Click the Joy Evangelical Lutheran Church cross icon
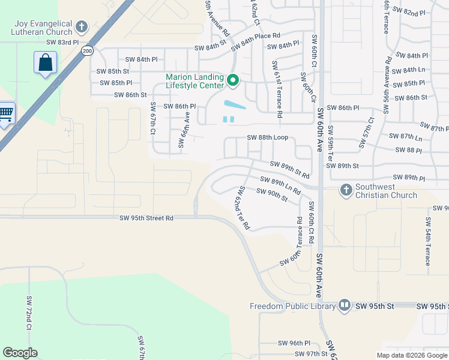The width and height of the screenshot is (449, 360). pyautogui.click(x=82, y=27)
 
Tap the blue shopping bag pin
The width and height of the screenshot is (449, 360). pyautogui.click(x=45, y=62)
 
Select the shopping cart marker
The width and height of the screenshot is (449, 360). pyautogui.click(x=5, y=113)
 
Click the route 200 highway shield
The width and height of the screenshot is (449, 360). pyautogui.click(x=88, y=51)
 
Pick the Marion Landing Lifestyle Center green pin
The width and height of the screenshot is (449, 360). pyautogui.click(x=233, y=80)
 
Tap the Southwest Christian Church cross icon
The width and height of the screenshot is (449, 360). pyautogui.click(x=346, y=190)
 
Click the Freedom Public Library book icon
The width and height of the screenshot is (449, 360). pyautogui.click(x=345, y=306)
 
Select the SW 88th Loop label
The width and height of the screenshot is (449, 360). pyautogui.click(x=267, y=137)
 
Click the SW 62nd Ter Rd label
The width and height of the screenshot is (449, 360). pyautogui.click(x=243, y=208)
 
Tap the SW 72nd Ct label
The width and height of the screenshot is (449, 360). pyautogui.click(x=28, y=313)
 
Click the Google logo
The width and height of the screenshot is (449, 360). pyautogui.click(x=20, y=353)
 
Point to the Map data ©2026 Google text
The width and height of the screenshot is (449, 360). pyautogui.click(x=412, y=355)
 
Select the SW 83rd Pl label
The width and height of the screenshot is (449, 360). pyautogui.click(x=62, y=43)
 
